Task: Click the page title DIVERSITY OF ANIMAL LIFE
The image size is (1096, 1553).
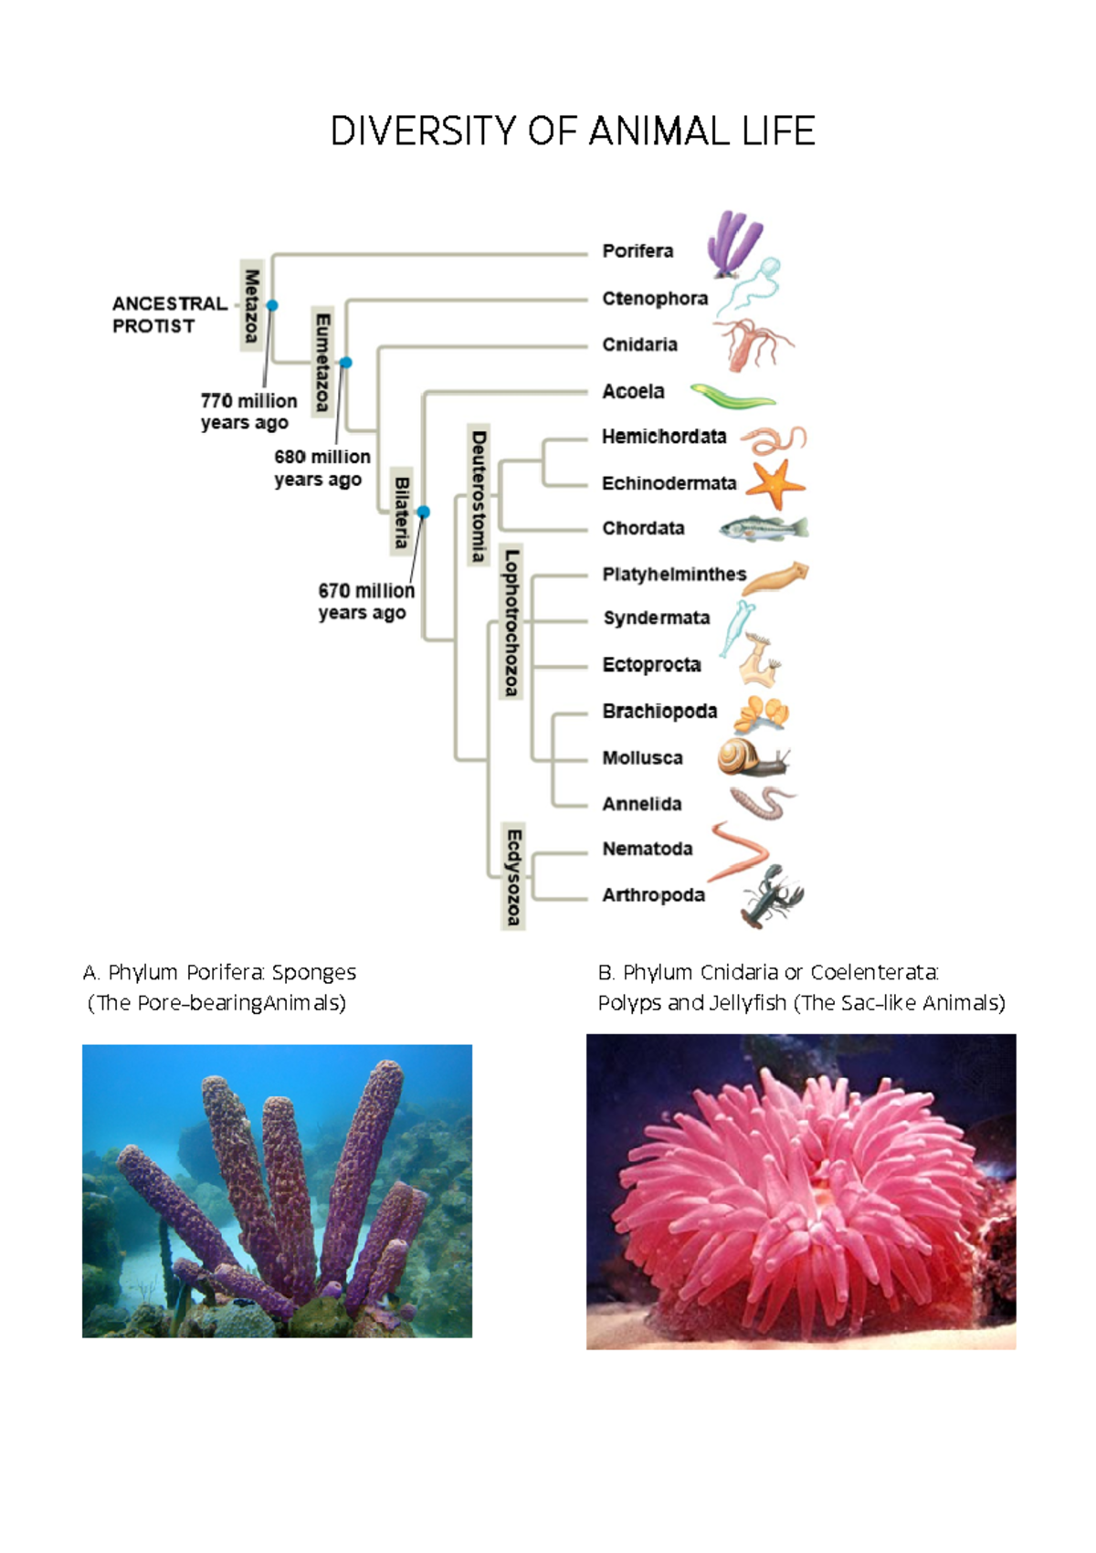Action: coord(573,132)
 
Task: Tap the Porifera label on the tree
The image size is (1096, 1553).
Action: coord(638,251)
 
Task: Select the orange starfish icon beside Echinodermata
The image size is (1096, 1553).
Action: coord(775,484)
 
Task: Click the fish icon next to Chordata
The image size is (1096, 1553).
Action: coord(764,528)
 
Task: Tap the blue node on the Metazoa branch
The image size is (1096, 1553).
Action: coord(271,306)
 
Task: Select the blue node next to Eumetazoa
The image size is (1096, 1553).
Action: coord(345,363)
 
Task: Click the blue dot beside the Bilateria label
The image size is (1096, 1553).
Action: coord(423,512)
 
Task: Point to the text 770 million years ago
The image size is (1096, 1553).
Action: coord(248,412)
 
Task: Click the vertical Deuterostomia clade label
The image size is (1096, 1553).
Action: coord(478,495)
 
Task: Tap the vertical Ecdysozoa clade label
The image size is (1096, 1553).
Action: coord(513,876)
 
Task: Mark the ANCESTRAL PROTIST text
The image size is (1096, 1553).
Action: coord(168,314)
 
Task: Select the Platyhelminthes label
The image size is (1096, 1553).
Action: coord(674,575)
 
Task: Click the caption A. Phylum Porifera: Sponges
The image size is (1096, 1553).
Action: coord(219,972)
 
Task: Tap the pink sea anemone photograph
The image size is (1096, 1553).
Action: coord(800,1191)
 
